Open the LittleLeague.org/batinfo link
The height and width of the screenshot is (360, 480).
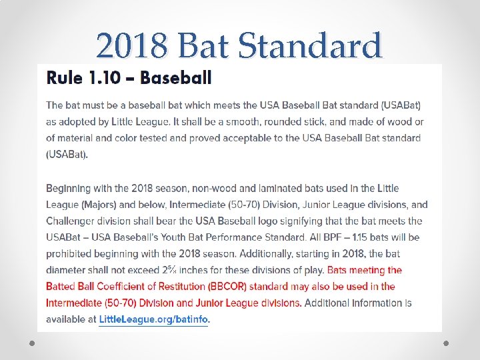pyautogui.click(x=153, y=319)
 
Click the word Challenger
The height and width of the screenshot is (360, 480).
pyautogui.click(x=73, y=221)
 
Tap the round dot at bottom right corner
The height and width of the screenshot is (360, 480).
pyautogui.click(x=447, y=343)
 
